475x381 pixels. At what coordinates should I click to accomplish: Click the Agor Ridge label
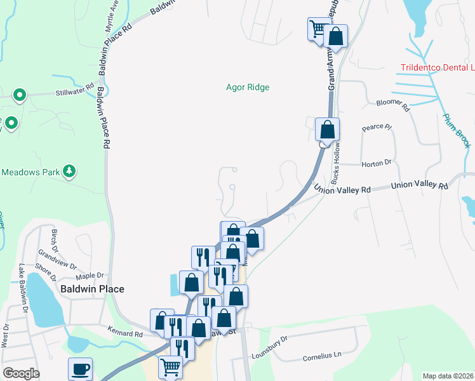pyautogui.click(x=248, y=87)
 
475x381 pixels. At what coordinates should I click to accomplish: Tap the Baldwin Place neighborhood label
pyautogui.click(x=92, y=288)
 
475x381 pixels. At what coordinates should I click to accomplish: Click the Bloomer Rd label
pyautogui.click(x=393, y=105)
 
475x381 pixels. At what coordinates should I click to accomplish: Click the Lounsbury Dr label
pyautogui.click(x=269, y=356)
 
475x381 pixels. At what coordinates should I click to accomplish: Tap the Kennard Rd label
pyautogui.click(x=125, y=333)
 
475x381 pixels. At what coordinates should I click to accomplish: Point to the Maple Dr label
pyautogui.click(x=89, y=276)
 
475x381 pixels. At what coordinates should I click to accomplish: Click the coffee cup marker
pyautogui.click(x=81, y=369)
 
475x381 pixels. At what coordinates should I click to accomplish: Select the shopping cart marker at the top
pyautogui.click(x=318, y=28)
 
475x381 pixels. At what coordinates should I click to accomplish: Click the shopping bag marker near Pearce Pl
pyautogui.click(x=327, y=130)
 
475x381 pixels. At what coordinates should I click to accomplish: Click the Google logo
pyautogui.click(x=21, y=373)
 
